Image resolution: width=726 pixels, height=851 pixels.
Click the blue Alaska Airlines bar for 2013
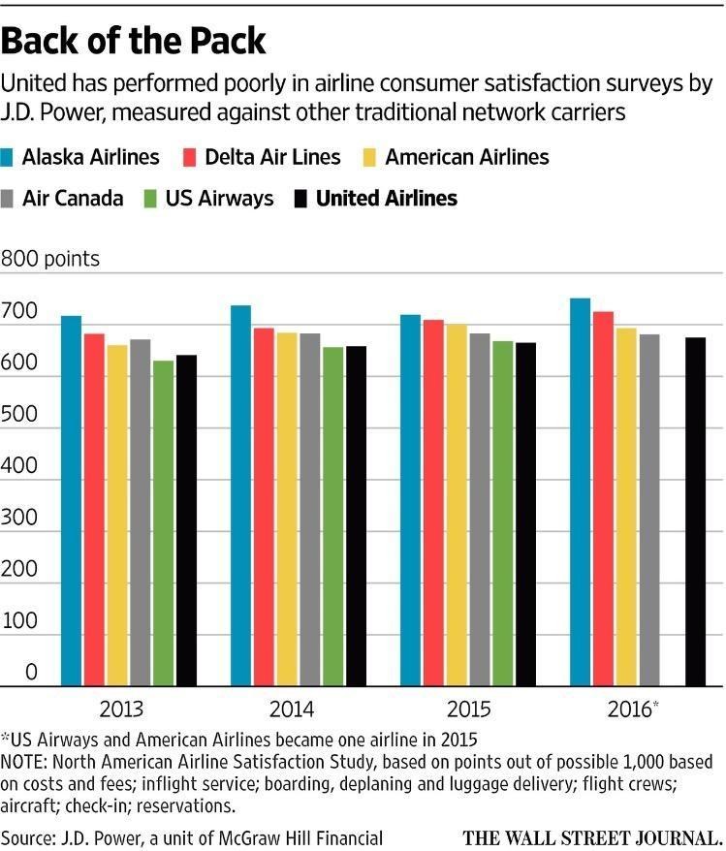[71, 500]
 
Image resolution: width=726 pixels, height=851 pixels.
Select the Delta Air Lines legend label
[272, 157]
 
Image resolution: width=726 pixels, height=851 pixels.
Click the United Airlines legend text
[387, 199]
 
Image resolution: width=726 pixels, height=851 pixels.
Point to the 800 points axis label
[50, 259]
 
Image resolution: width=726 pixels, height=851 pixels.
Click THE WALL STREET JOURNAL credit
[593, 836]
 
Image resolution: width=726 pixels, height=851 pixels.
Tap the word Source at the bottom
[27, 836]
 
